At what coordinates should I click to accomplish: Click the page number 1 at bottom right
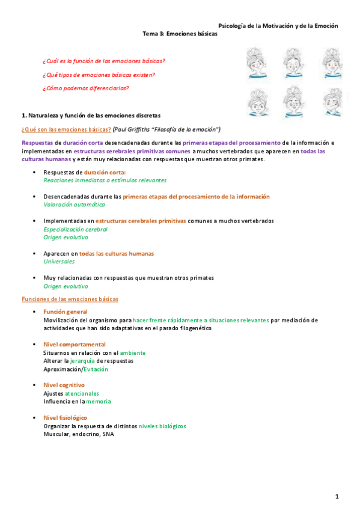(337, 496)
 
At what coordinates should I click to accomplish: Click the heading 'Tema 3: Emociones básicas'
(180, 34)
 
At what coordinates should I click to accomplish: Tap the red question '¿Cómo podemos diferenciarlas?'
(85, 88)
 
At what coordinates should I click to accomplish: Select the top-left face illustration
(258, 63)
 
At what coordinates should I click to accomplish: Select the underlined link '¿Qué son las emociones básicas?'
(66, 129)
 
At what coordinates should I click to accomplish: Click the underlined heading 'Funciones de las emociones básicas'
(70, 299)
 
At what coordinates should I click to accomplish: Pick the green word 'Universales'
(59, 262)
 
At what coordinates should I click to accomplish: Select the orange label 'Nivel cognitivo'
(64, 385)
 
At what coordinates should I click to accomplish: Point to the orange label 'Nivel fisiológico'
(65, 417)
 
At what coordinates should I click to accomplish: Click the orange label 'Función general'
(66, 312)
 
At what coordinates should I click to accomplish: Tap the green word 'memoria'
(98, 401)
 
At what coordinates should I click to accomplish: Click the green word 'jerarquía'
(83, 361)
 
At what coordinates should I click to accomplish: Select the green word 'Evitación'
(96, 369)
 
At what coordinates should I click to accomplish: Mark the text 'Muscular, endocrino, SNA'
(78, 434)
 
